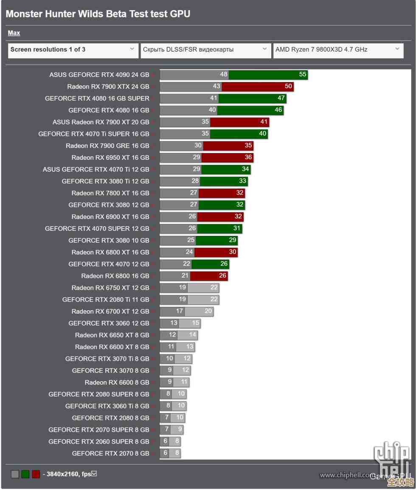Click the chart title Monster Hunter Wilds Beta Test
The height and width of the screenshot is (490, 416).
click(98, 14)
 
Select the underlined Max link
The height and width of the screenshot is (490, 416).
click(14, 33)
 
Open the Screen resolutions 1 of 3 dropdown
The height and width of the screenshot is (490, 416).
click(73, 50)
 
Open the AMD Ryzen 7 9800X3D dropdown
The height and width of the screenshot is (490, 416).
click(338, 50)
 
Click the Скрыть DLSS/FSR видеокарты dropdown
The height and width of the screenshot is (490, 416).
click(205, 50)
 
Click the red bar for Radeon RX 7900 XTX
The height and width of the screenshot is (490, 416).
click(257, 87)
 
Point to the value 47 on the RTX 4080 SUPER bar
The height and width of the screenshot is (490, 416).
click(281, 98)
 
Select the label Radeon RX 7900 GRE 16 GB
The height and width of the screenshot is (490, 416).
click(107, 146)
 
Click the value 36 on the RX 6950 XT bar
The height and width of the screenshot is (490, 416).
click(248, 158)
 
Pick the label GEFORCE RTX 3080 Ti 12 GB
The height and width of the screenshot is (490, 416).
click(105, 181)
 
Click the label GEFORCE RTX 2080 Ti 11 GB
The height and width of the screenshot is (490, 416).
click(106, 300)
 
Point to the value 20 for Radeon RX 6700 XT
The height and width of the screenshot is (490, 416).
click(208, 312)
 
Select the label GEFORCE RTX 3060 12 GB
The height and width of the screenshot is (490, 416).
click(109, 323)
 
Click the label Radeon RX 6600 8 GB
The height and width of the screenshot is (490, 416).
click(117, 382)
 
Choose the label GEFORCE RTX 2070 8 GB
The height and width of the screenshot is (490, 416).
click(110, 453)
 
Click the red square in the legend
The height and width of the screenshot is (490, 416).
click(36, 474)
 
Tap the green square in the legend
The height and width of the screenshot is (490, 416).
click(25, 474)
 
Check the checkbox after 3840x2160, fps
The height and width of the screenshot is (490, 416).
click(94, 474)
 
